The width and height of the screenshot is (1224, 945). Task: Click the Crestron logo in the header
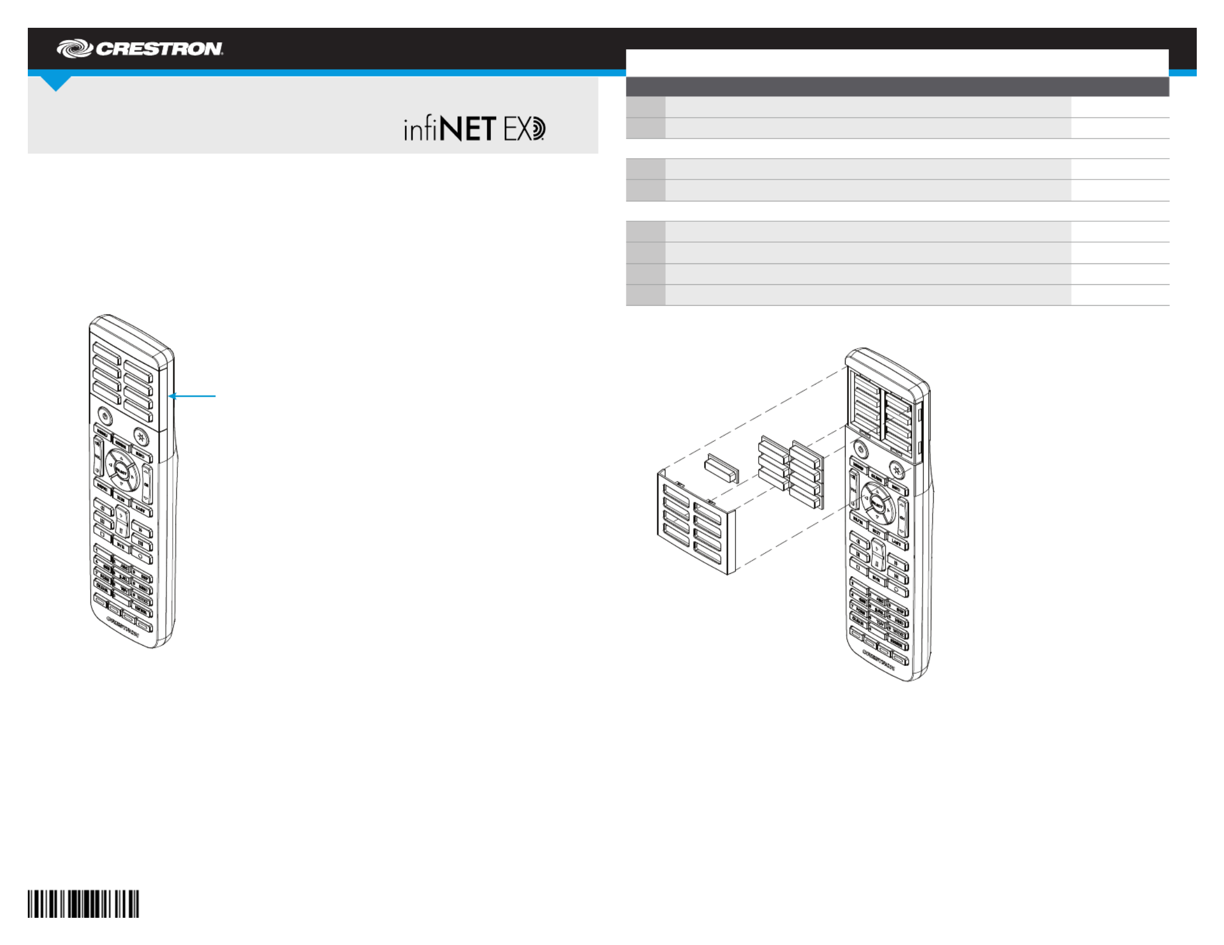(x=140, y=49)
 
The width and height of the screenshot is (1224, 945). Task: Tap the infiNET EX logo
(x=474, y=129)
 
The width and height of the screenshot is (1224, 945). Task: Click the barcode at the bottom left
(x=83, y=904)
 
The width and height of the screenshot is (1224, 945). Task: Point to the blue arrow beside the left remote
(x=192, y=396)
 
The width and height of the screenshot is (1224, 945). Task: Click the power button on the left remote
(x=104, y=415)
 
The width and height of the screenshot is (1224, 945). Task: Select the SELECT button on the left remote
(x=122, y=470)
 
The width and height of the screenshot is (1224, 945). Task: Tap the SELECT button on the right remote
(x=877, y=503)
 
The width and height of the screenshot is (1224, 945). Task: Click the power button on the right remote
(x=861, y=449)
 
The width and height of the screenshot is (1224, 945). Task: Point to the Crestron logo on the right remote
(x=878, y=660)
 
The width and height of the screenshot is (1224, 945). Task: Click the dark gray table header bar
(x=897, y=87)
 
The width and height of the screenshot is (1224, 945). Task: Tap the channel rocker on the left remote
(x=147, y=482)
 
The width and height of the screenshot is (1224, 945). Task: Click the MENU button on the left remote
(x=102, y=433)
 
